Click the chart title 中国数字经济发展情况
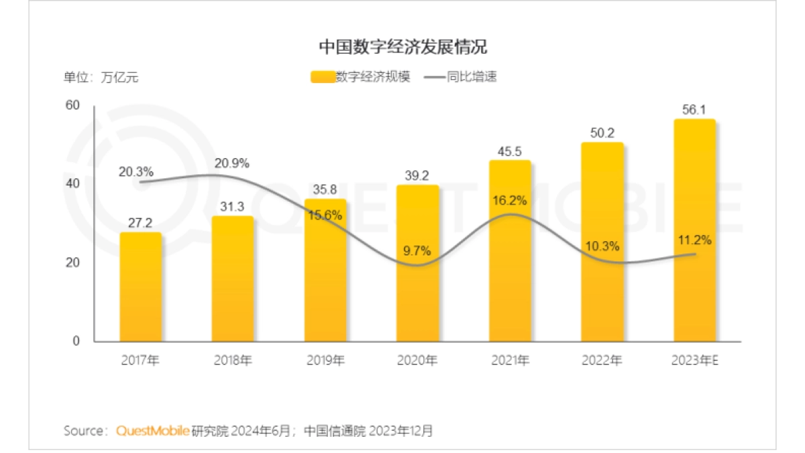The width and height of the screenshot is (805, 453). [x=402, y=47]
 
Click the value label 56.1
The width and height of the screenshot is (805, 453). [x=694, y=110]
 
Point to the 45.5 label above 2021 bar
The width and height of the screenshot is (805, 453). [x=510, y=151]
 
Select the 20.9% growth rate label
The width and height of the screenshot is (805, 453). [x=232, y=163]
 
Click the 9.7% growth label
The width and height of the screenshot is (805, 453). [x=417, y=251]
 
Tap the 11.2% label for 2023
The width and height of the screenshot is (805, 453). [x=694, y=240]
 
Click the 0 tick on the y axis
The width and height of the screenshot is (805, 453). [x=76, y=341]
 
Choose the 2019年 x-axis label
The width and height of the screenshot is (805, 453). [x=325, y=361]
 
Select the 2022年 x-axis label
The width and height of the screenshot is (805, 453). [x=602, y=361]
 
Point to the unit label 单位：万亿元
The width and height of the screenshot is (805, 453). [x=101, y=77]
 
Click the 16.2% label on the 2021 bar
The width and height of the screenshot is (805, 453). [x=510, y=200]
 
